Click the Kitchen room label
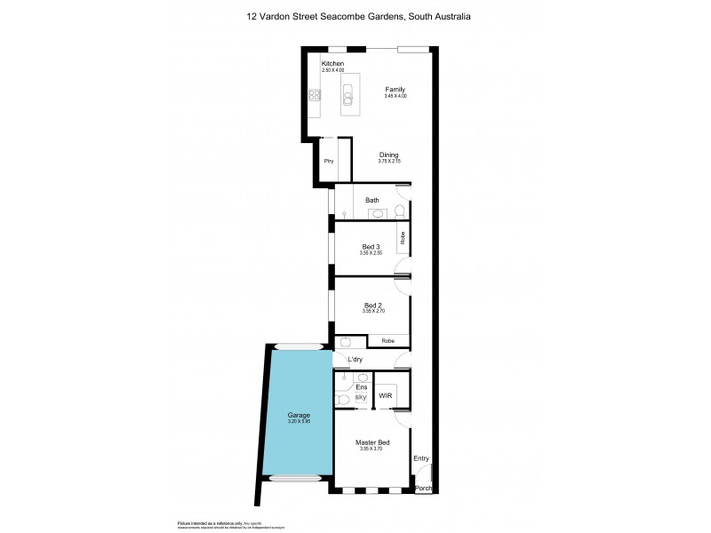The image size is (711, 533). click(x=332, y=64)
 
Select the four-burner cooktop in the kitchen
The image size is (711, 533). click(x=314, y=95)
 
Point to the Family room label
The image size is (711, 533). click(x=395, y=90)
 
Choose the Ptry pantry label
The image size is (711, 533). click(x=328, y=161)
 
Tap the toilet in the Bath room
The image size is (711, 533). click(x=400, y=211)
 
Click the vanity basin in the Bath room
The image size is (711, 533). click(x=376, y=214)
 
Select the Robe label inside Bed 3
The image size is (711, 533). click(x=403, y=238)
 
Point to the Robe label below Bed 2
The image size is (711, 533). click(x=387, y=341)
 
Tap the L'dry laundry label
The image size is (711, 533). click(x=355, y=359)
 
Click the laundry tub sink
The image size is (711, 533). click(x=347, y=342)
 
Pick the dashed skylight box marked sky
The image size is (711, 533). click(x=361, y=397)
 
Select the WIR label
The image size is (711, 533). click(x=386, y=395)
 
